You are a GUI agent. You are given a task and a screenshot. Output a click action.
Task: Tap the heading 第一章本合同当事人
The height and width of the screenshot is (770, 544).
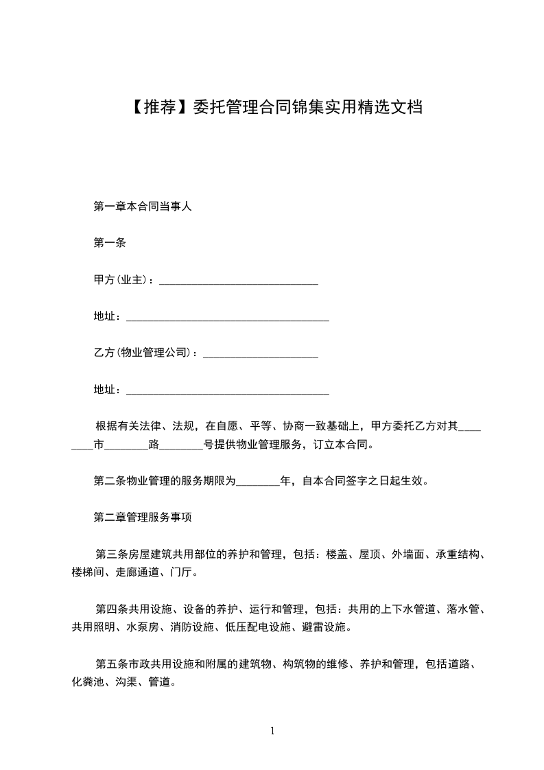(x=142, y=206)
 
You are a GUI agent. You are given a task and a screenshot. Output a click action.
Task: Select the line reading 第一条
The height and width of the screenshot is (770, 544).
(x=109, y=242)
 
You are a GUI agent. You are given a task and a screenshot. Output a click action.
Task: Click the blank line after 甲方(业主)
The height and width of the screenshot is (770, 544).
(x=238, y=280)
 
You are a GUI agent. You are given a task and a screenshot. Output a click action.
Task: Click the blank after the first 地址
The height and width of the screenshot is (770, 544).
(x=228, y=317)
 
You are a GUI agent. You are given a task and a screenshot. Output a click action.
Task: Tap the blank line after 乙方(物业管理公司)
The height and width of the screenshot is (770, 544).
(x=261, y=353)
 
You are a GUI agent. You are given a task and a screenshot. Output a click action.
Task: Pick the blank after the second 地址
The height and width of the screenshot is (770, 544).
(x=228, y=390)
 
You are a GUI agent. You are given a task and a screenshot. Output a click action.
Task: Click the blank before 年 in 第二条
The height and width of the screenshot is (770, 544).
(x=258, y=481)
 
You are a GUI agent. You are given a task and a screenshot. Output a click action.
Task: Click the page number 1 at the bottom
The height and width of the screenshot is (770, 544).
(x=272, y=731)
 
